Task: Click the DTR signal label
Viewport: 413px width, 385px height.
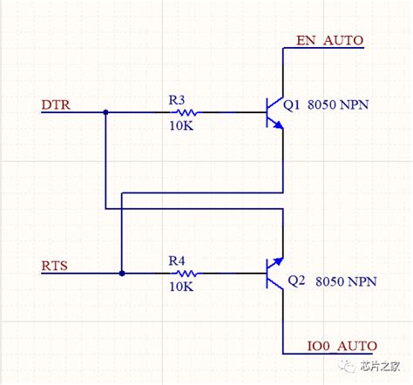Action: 57,105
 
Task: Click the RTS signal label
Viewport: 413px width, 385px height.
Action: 56,263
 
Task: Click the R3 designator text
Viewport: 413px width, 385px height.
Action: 177,99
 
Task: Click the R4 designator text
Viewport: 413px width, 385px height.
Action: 177,259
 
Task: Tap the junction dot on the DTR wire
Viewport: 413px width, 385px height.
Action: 105,112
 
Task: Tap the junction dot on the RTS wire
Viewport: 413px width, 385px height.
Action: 121,273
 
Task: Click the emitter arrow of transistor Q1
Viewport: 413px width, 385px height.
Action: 278,125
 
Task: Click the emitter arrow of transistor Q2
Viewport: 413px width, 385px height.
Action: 278,260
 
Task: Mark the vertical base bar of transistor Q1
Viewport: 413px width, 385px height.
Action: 267,112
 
